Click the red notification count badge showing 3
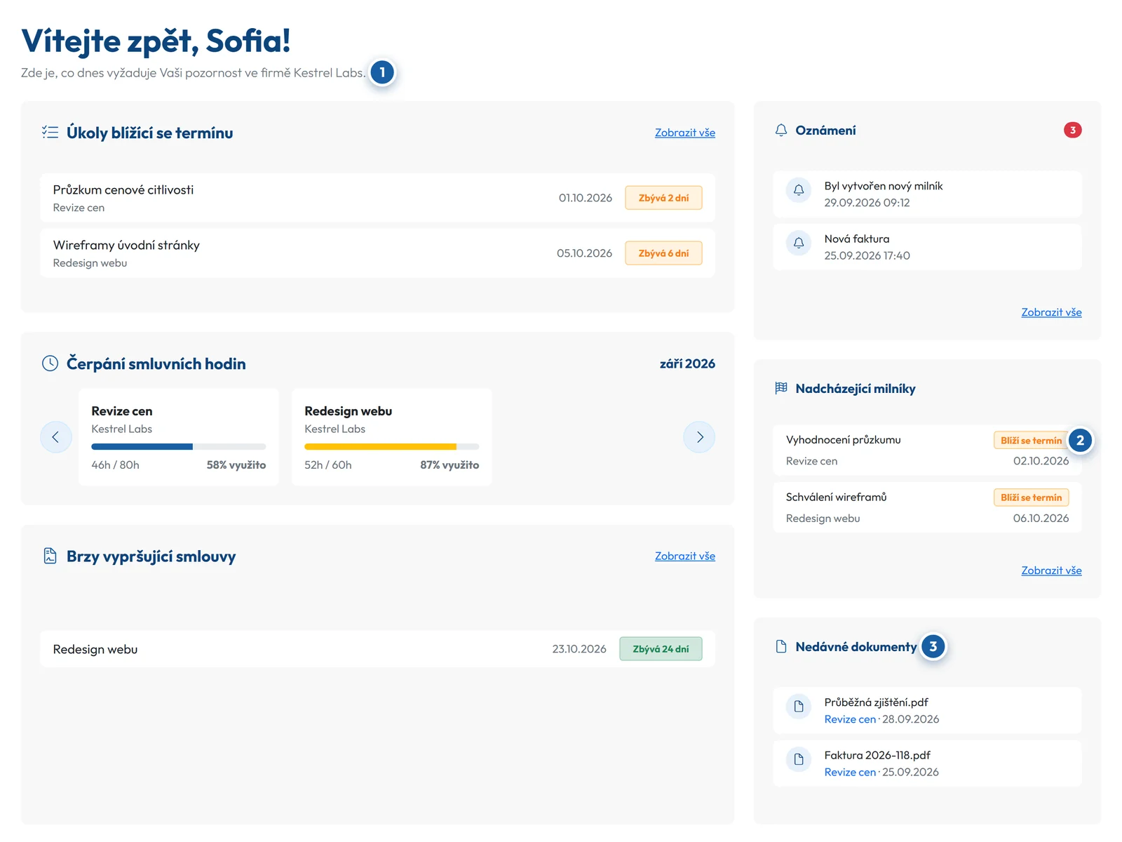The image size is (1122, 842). [x=1072, y=130]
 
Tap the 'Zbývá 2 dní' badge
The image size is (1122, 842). [x=663, y=197]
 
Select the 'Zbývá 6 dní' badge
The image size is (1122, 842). [x=663, y=253]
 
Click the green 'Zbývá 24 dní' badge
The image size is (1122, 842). [x=661, y=648]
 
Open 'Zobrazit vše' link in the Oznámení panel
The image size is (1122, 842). [x=1051, y=312]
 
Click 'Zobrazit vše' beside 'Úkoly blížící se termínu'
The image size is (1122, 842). [x=684, y=133]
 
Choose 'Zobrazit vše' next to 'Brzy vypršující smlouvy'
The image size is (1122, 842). [x=684, y=556]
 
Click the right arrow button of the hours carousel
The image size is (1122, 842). [x=698, y=436]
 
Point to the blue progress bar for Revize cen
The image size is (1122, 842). [x=142, y=446]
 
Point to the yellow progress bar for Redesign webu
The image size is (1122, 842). [x=380, y=446]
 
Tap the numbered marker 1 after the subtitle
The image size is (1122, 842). [x=382, y=72]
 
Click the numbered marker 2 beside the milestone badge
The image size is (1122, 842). [x=1079, y=440]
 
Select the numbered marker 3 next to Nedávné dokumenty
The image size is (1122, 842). [x=933, y=646]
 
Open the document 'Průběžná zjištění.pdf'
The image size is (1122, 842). [x=876, y=702]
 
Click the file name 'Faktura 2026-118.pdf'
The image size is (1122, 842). [x=877, y=755]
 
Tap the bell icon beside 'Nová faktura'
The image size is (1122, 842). [x=798, y=243]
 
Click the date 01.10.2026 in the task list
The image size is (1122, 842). [x=585, y=198]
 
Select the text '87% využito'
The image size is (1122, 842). [x=450, y=465]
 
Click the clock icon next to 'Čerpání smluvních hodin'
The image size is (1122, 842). [x=50, y=363]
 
